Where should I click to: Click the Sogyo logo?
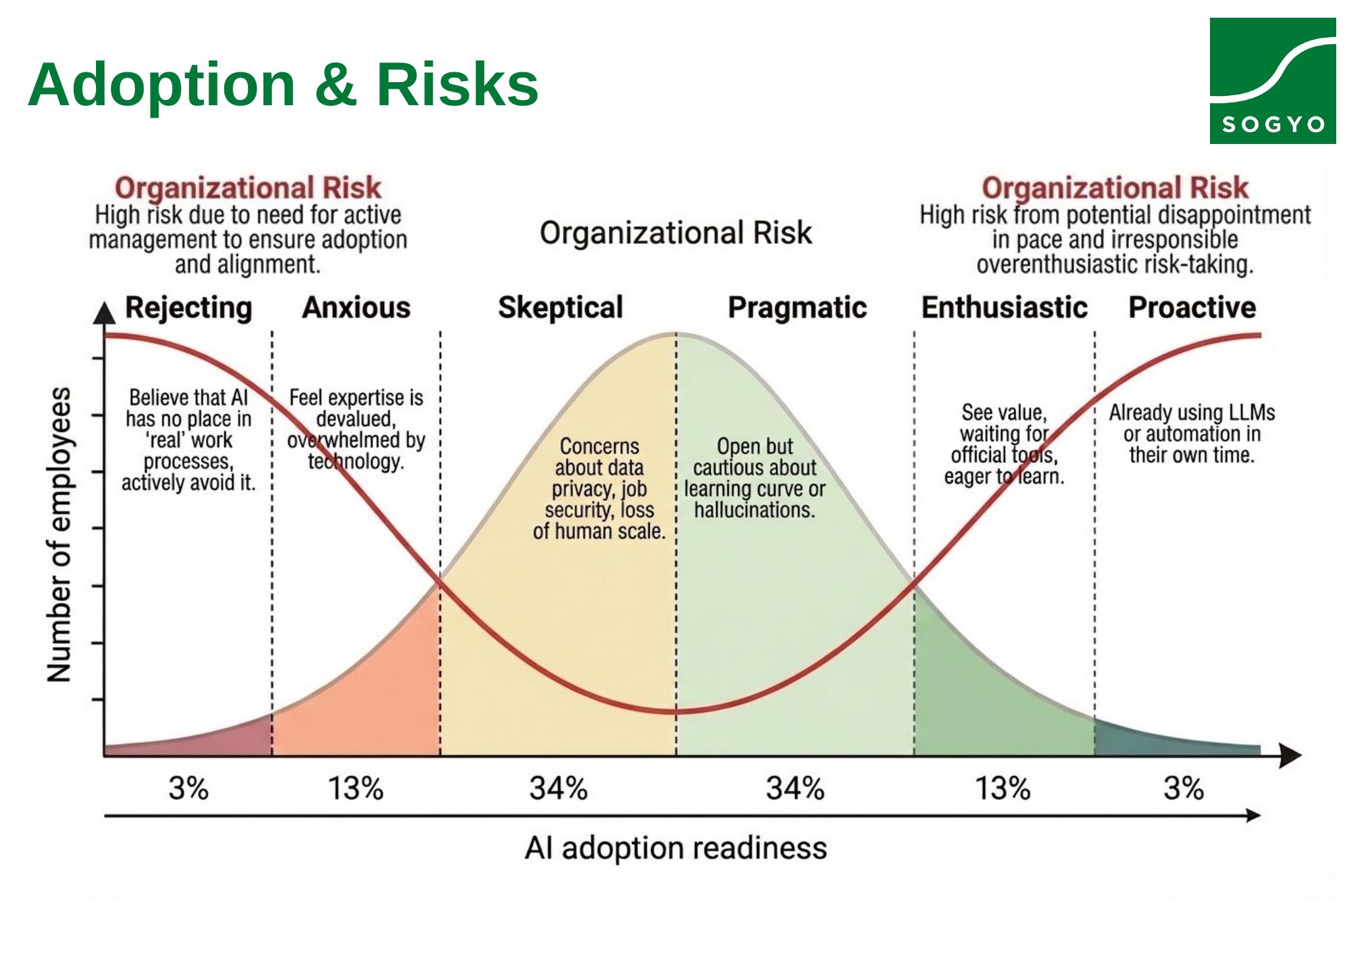[1272, 81]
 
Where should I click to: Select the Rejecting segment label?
[189, 308]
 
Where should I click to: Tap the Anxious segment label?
[356, 308]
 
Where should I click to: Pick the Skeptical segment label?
[560, 308]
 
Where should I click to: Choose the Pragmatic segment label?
[797, 308]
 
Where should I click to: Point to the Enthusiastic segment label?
[1004, 308]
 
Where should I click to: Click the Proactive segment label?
[1192, 308]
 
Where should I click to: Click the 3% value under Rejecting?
[189, 788]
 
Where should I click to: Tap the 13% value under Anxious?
[356, 788]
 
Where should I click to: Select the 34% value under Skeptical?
[558, 788]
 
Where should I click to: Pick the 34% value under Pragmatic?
[795, 788]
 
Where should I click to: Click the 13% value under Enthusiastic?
[1003, 788]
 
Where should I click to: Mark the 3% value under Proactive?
[1184, 788]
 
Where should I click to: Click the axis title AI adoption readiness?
[675, 848]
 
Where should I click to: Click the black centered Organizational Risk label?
[675, 233]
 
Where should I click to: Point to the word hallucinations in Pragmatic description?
[754, 510]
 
